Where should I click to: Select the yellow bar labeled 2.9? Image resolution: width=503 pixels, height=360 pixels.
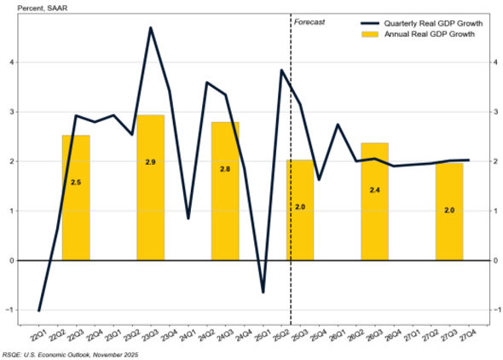click(150, 188)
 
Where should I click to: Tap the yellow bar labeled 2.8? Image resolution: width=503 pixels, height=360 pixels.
click(225, 191)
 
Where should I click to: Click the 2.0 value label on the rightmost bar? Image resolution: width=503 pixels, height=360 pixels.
click(448, 209)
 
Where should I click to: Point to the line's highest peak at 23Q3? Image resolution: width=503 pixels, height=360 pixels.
click(151, 28)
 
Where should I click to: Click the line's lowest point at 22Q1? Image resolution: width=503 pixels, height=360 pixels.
click(39, 311)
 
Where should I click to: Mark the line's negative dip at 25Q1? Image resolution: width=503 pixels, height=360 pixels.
click(263, 292)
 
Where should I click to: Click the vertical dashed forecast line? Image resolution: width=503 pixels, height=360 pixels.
click(291, 171)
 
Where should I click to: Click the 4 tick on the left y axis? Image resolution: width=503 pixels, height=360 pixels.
click(10, 62)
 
